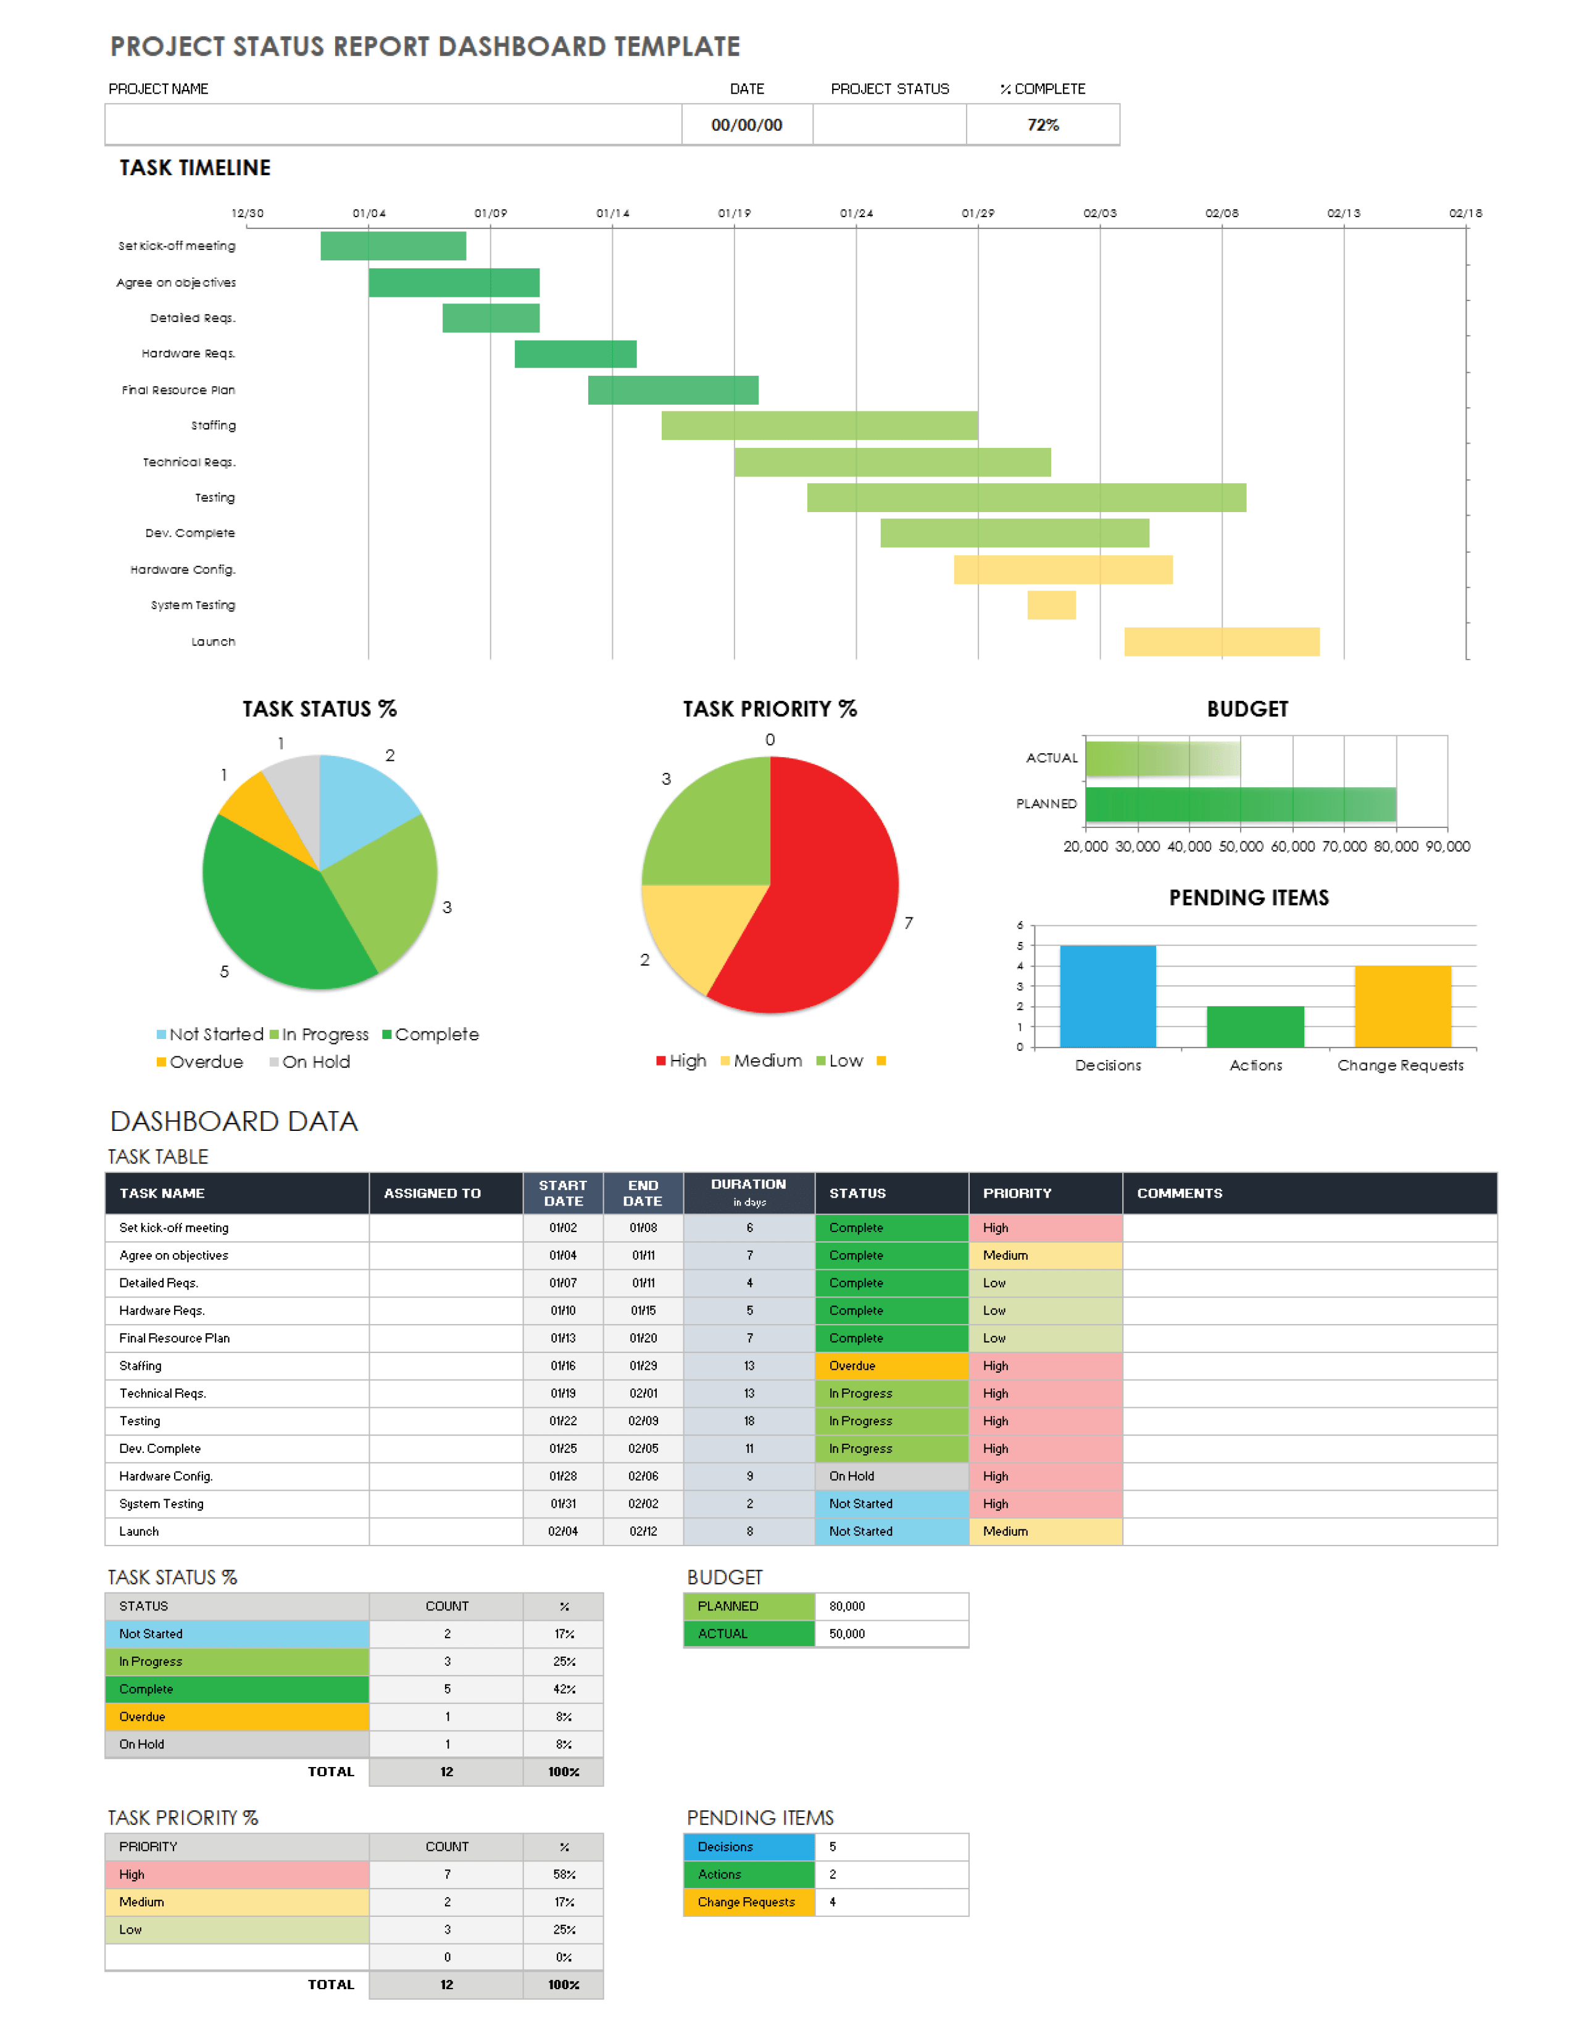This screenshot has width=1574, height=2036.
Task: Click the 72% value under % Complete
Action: tap(1043, 125)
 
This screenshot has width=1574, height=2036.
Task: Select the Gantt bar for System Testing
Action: tap(1051, 605)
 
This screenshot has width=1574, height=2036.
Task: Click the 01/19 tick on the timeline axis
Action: tap(734, 213)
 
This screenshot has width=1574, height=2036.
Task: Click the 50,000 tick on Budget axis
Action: tap(1240, 846)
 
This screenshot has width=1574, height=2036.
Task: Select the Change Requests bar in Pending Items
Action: tap(1402, 1007)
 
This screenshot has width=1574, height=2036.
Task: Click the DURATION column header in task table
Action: tap(748, 1193)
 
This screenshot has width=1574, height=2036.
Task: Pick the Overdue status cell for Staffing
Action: tap(891, 1366)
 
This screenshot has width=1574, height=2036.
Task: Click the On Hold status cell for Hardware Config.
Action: tap(891, 1476)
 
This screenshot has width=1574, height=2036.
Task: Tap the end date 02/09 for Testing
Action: tap(643, 1421)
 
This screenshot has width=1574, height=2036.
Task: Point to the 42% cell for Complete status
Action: tap(563, 1689)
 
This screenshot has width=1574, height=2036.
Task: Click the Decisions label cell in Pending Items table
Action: tap(748, 1847)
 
